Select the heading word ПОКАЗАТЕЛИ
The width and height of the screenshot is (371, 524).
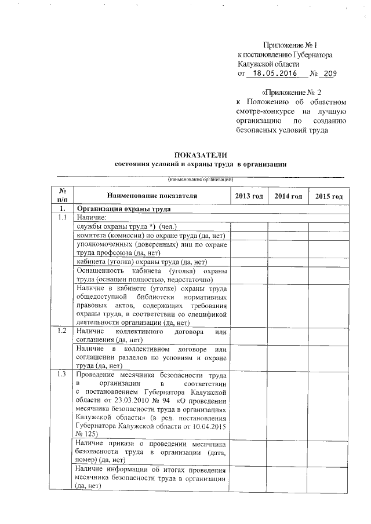tap(201, 155)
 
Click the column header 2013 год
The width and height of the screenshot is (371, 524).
tap(249, 197)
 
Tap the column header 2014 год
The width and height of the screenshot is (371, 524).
tap(288, 197)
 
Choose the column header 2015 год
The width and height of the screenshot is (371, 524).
tap(329, 197)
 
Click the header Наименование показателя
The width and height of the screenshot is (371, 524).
tap(152, 197)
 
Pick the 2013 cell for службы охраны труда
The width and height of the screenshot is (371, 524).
tap(249, 226)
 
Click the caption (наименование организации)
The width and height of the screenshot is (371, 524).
tap(201, 179)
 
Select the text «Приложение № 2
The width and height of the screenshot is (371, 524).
tap(292, 92)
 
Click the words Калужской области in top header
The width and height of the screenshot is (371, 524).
tap(268, 64)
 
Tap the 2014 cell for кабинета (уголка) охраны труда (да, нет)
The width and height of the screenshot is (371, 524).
tap(288, 262)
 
